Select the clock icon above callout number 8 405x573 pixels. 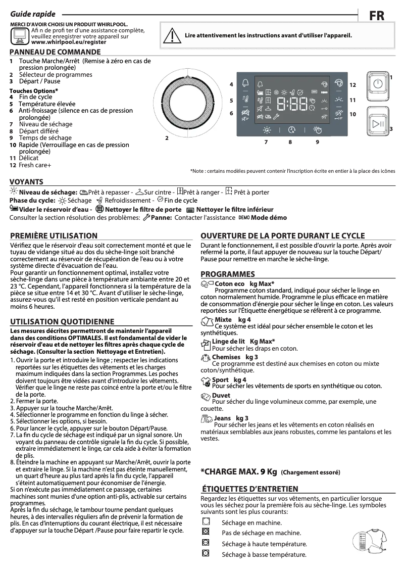pos(291,130)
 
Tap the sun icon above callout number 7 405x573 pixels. pos(266,130)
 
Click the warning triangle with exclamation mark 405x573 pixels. pos(175,35)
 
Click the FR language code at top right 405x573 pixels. pos(376,16)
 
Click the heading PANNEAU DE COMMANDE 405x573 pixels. pos(55,52)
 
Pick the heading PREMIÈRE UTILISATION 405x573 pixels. pos(54,235)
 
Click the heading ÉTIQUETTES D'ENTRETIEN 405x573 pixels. pos(249,489)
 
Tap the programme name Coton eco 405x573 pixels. pos(229,284)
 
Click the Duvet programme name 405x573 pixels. pos(221,395)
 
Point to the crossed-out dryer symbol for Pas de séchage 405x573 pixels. pos(206,532)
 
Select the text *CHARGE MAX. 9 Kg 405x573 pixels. pos(239,471)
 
